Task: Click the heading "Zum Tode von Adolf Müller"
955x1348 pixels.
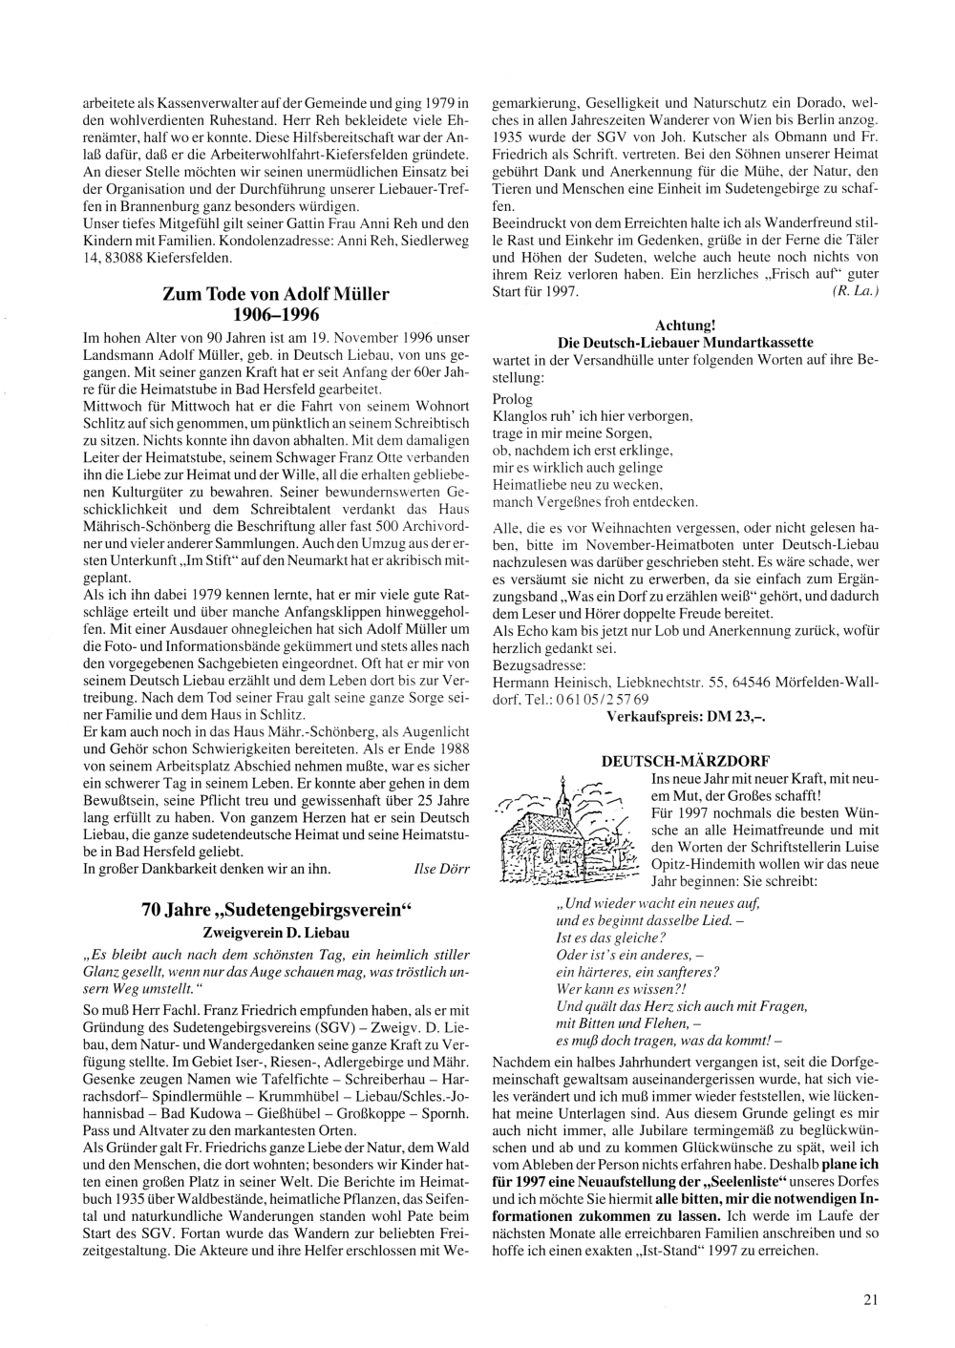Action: pyautogui.click(x=275, y=294)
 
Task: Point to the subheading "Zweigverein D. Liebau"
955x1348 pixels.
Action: pyautogui.click(x=275, y=931)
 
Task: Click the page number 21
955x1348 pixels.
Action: pyautogui.click(x=869, y=1297)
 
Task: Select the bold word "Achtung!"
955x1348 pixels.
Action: pyautogui.click(x=685, y=326)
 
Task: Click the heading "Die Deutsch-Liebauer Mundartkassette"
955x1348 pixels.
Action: pyautogui.click(x=685, y=342)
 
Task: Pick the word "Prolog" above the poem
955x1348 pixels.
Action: pyautogui.click(x=512, y=399)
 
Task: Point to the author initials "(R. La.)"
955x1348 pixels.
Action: pyautogui.click(x=856, y=290)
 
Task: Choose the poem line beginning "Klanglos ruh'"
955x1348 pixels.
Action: pyautogui.click(x=593, y=416)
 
